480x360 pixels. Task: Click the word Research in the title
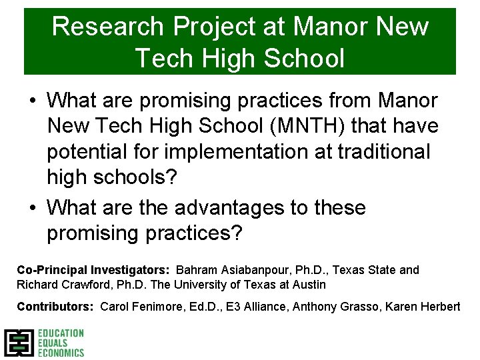click(107, 27)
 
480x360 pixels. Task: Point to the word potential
click(93, 151)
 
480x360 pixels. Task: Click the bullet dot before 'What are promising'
click(33, 101)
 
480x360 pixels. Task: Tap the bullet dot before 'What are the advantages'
click(33, 209)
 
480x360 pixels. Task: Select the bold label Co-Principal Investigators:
click(93, 270)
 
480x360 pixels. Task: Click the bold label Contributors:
click(55, 307)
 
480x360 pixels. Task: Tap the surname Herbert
click(439, 307)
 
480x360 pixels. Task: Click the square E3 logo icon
click(18, 343)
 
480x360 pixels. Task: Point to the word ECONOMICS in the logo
click(61, 352)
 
